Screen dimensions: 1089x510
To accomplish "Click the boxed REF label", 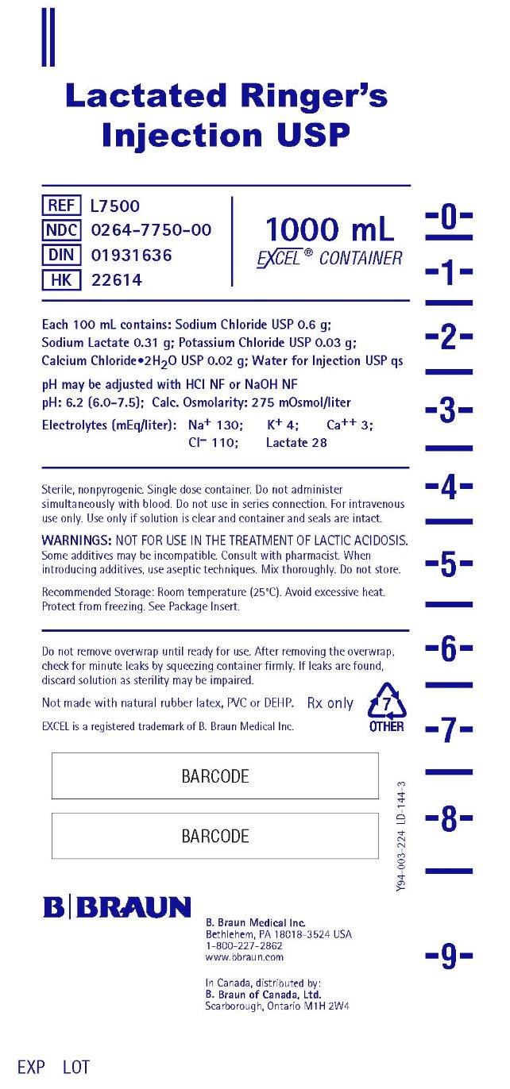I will pos(60,206).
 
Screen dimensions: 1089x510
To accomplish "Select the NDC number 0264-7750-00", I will pos(151,231).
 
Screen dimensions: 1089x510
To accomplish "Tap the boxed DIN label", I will pos(60,256).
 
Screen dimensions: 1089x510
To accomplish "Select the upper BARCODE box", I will pos(214,776).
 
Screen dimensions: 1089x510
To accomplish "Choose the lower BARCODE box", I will pos(214,836).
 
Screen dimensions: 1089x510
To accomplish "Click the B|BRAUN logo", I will pos(117,907).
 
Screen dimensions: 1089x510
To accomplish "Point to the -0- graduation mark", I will pos(449,216).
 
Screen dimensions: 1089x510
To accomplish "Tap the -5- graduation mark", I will pos(449,566).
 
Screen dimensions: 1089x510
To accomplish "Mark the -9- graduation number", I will pos(449,958).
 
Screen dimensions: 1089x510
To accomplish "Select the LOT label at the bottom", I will pos(76,1067).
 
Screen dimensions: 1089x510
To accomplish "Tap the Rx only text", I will pos(330,703).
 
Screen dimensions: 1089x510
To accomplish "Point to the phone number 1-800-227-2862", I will pos(244,946).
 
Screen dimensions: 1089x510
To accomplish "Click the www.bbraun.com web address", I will pos(244,957).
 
